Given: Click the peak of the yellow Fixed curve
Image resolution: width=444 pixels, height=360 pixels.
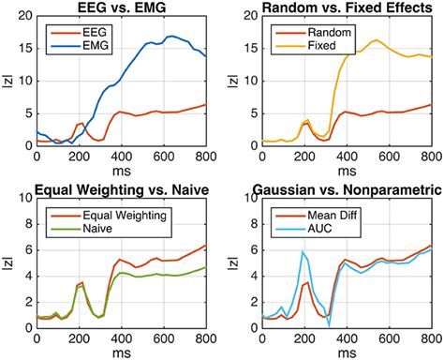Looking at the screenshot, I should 376,40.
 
